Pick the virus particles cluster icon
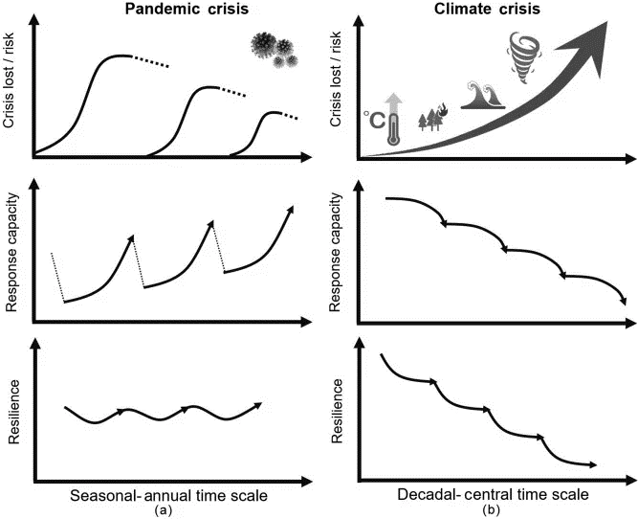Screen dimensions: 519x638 pyautogui.click(x=271, y=50)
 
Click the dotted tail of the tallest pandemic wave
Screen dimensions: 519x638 pyautogui.click(x=151, y=62)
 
